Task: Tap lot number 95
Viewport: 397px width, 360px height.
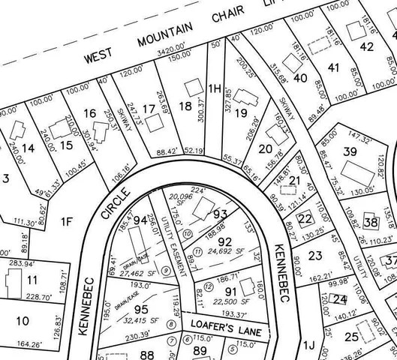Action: click(x=141, y=307)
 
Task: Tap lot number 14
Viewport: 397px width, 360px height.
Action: click(x=28, y=148)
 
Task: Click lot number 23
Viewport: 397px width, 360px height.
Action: click(x=315, y=256)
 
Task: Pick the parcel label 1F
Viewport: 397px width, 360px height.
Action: click(x=68, y=221)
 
